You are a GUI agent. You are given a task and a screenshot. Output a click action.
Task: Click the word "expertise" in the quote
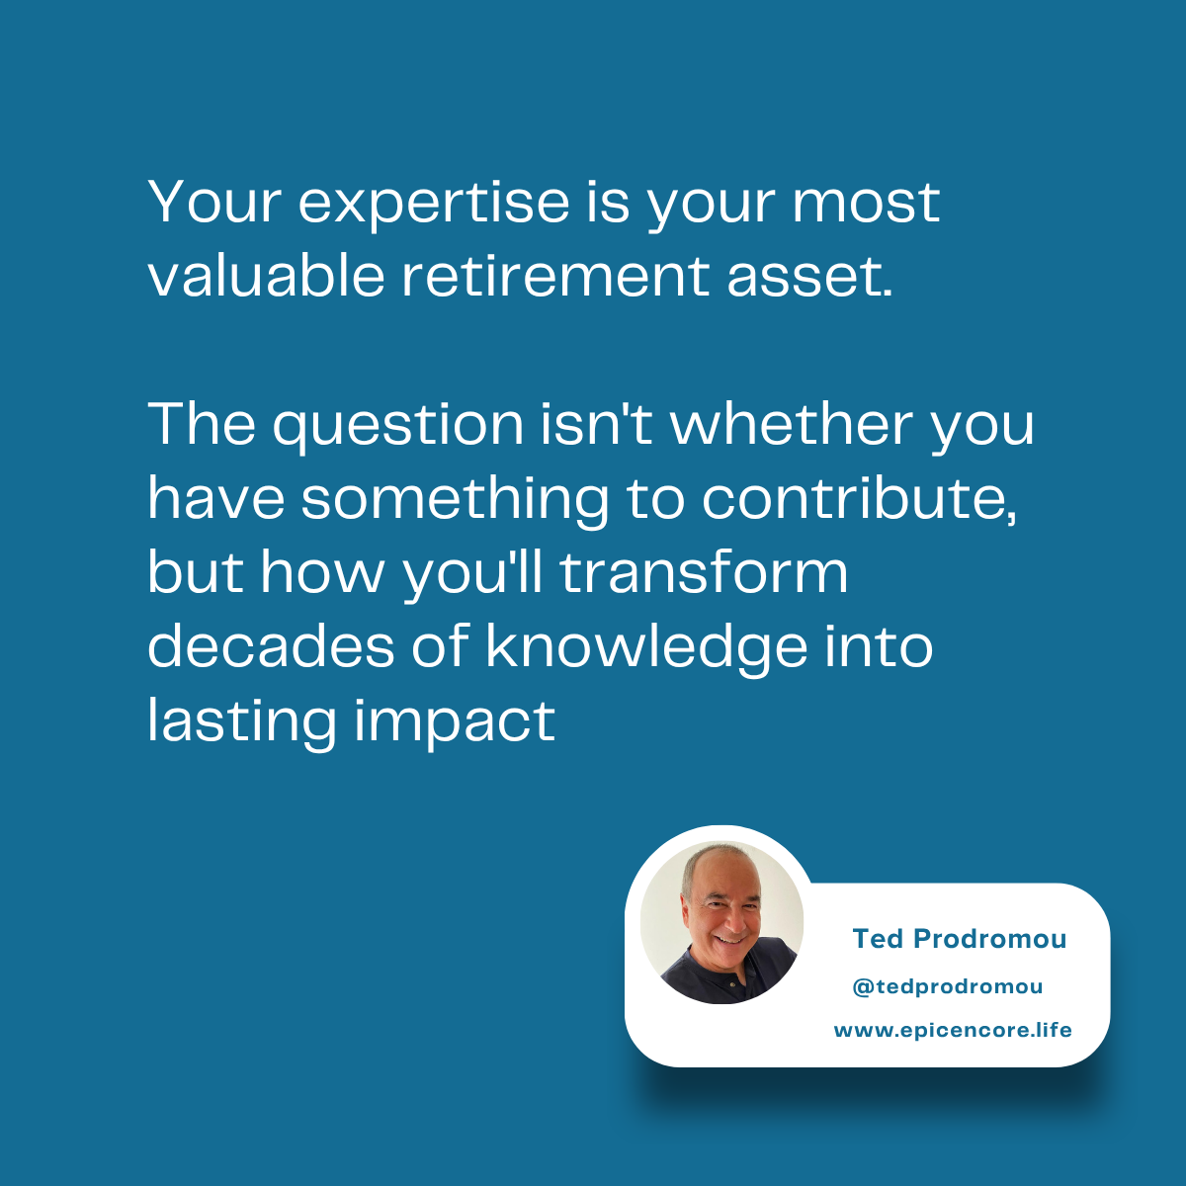[435, 203]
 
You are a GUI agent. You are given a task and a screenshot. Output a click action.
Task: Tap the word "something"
[455, 499]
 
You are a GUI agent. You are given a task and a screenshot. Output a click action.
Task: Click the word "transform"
[705, 573]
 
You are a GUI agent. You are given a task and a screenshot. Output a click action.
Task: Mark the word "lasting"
[242, 721]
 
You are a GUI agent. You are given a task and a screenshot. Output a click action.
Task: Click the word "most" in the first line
[866, 203]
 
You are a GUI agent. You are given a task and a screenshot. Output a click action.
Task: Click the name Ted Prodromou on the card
[960, 939]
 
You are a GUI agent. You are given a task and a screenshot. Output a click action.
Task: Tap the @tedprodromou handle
[947, 986]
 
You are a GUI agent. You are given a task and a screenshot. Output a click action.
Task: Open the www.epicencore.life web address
[953, 1030]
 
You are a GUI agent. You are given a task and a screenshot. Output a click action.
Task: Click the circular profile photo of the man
[722, 923]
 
